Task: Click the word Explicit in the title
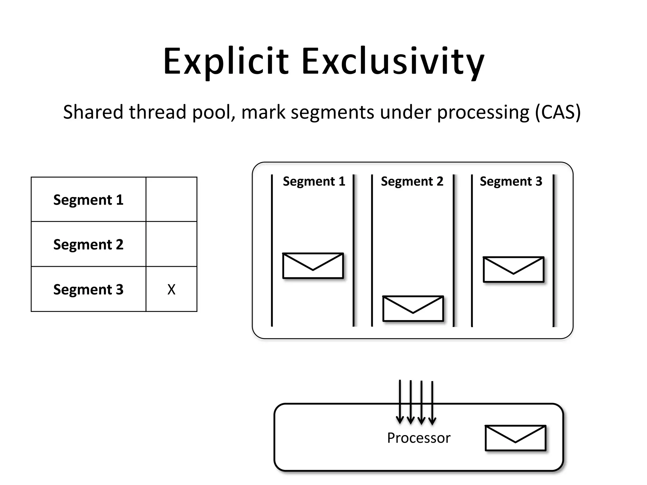[226, 62]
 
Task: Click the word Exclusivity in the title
[393, 62]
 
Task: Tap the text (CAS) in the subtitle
[558, 112]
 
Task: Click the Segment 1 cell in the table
[88, 200]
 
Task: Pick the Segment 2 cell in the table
[88, 244]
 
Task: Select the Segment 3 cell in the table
[88, 290]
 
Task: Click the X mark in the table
[171, 290]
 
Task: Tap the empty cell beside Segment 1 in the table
[171, 200]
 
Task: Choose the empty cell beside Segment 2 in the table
[171, 244]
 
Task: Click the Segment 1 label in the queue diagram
[314, 182]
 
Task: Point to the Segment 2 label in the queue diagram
[412, 182]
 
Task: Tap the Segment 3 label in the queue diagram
[511, 182]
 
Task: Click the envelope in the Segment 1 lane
[313, 266]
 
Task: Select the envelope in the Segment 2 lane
[413, 309]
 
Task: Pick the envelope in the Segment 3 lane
[513, 269]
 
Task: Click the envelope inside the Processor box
[515, 438]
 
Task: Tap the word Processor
[419, 438]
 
